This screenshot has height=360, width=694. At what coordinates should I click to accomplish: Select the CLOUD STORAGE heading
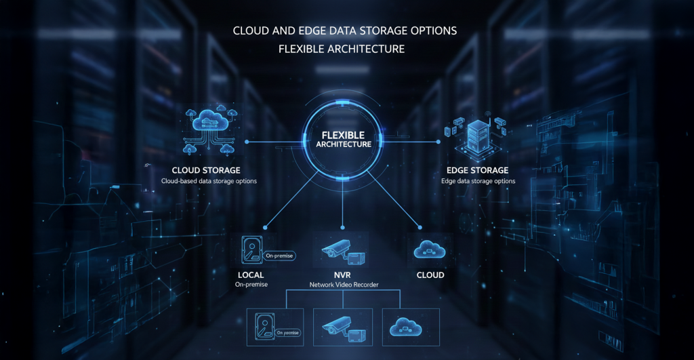point(206,170)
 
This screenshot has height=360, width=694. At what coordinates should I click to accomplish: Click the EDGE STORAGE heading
point(478,170)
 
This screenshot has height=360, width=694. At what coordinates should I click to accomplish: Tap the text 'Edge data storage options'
point(478,182)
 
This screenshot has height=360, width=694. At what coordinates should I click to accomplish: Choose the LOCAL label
point(251,275)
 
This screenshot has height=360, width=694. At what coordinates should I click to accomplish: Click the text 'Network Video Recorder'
point(344,285)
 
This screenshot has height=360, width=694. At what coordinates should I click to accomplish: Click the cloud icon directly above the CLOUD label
point(430,249)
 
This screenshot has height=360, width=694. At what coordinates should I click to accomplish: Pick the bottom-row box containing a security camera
point(343,327)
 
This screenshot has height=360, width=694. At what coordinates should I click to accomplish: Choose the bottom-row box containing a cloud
point(411,327)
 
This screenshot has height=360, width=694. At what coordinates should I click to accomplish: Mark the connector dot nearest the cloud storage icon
point(247,142)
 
